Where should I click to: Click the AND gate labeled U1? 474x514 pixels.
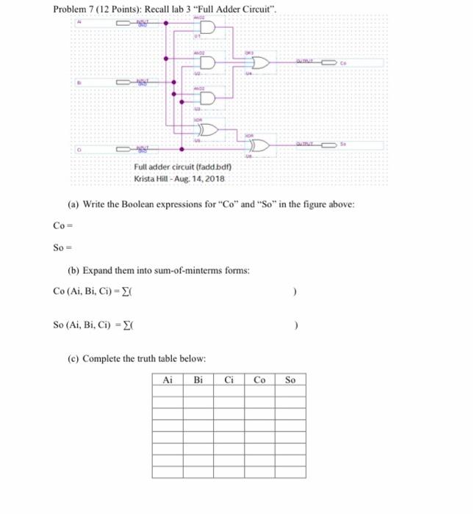coord(207,28)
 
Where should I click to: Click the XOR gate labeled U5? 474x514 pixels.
coord(207,131)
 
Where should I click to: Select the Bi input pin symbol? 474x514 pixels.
coord(121,83)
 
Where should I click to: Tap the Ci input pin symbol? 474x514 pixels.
coord(121,151)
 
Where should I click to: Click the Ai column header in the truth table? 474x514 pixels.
coord(168,380)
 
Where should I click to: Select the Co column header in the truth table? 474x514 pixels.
coord(260,380)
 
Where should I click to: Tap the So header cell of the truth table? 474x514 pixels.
coord(290,380)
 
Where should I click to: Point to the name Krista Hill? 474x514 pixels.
coord(150,180)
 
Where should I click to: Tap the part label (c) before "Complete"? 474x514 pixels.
coord(73,358)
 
